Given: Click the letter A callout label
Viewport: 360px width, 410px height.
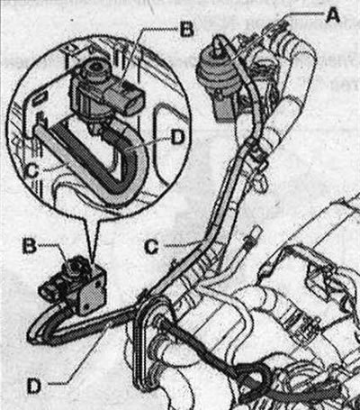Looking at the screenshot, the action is click(x=332, y=15).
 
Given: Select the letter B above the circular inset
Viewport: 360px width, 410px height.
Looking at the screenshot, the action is click(x=186, y=30).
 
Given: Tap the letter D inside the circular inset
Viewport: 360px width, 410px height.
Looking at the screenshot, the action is click(x=178, y=139).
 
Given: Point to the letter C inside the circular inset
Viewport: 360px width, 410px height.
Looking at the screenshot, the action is click(x=31, y=170).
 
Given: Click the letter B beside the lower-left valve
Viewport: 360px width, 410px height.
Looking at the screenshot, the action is click(x=30, y=246).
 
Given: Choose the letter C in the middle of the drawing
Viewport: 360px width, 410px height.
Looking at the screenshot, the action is click(x=151, y=247).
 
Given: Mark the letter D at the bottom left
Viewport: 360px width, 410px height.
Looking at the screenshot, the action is click(x=34, y=386).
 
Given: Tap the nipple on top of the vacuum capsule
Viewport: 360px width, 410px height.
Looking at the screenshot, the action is click(x=218, y=44).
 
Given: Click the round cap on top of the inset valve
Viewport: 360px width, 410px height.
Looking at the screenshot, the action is click(x=94, y=69).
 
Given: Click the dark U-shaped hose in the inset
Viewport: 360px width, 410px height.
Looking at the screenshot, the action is click(x=99, y=156).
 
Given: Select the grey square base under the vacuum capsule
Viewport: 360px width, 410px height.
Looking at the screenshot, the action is click(x=225, y=110).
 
